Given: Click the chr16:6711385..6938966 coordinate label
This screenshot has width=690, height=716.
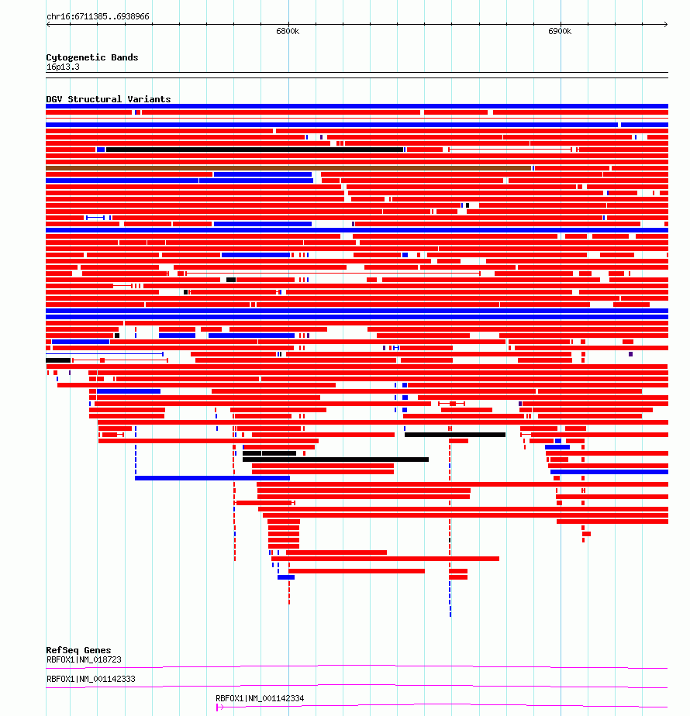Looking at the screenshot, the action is coord(98,16).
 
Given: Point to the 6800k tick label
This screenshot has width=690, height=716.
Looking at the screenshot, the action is coord(288,31).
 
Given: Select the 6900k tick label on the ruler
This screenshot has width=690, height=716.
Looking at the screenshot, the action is coord(560,31).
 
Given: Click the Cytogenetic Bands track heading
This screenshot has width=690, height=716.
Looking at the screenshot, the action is coord(91,57).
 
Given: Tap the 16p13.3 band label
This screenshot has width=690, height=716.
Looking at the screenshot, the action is coord(63,67).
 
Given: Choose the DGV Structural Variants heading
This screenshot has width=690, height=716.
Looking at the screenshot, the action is coord(109,99).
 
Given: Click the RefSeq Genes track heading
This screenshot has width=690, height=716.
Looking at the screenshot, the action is coord(78,650).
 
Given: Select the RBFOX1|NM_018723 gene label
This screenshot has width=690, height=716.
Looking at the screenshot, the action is coord(84,659).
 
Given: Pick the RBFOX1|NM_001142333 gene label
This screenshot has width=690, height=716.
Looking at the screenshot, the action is coord(91,679).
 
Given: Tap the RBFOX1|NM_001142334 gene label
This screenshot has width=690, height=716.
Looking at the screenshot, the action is coord(260,698).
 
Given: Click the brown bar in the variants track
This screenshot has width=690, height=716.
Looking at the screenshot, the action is coord(288,168).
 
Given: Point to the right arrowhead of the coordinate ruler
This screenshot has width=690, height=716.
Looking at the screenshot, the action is coord(666,24).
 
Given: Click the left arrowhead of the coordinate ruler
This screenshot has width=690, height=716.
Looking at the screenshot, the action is coord(48,24).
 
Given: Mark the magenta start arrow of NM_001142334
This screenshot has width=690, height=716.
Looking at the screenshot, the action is coord(220,707).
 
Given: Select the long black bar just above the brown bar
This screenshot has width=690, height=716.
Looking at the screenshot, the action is coord(254,150).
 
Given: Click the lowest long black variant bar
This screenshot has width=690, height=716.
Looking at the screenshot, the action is coord(336,460).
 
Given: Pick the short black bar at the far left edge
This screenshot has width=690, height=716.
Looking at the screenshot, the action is coord(58,360).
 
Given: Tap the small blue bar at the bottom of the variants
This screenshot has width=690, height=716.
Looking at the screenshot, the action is coord(286,577).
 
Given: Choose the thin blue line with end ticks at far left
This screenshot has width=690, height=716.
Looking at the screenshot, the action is coord(105,354).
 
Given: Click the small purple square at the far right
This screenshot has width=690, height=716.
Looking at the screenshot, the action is coord(630,354).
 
